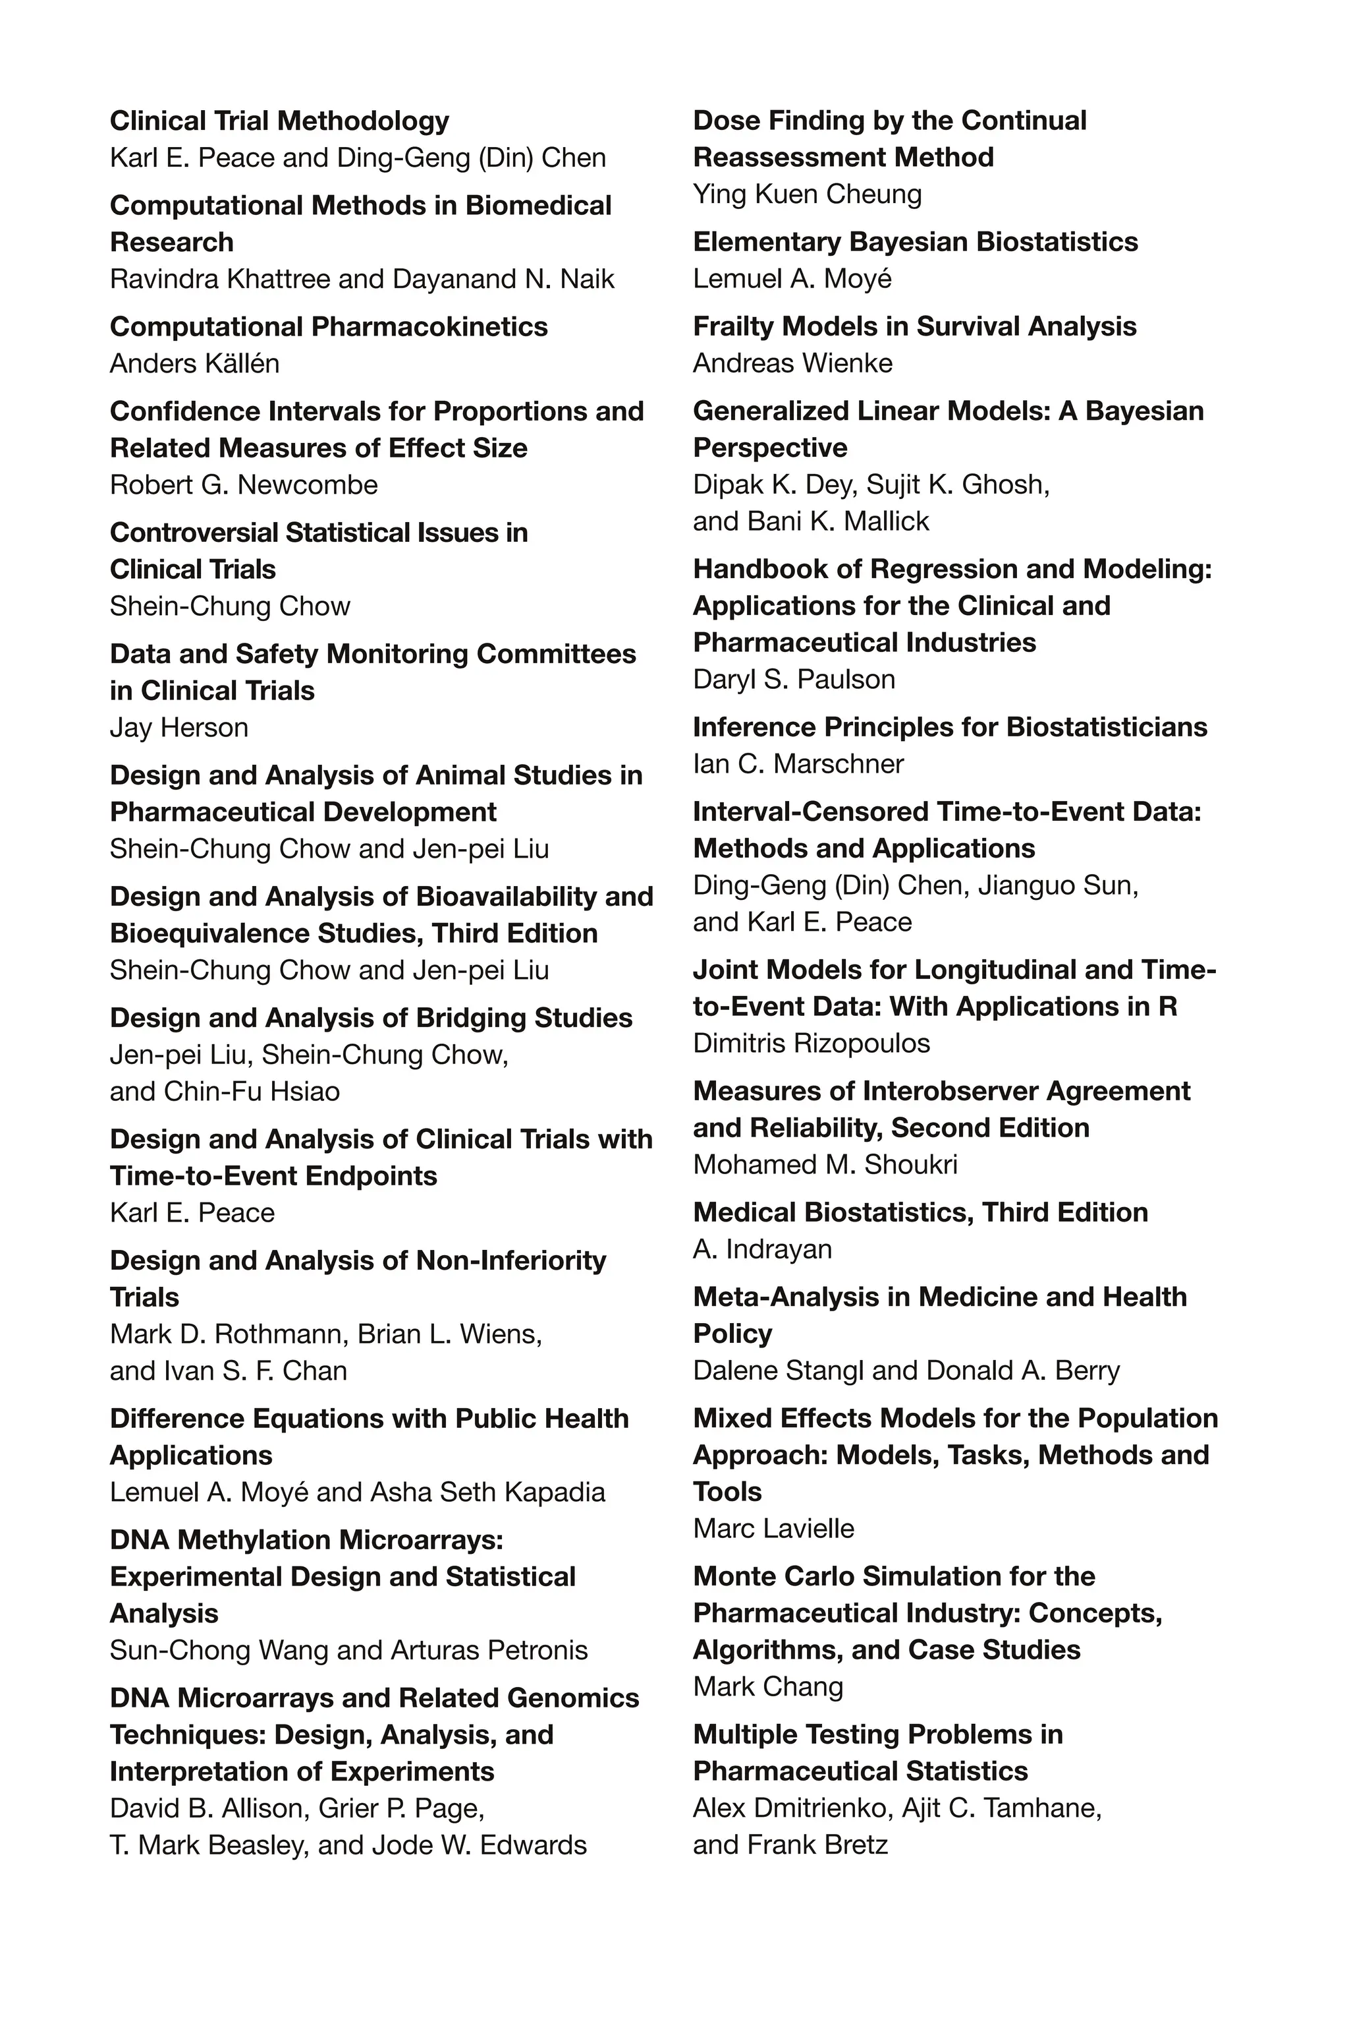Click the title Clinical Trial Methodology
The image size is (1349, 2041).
pos(279,121)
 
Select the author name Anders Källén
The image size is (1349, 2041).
pos(194,364)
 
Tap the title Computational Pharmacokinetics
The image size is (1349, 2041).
pos(329,327)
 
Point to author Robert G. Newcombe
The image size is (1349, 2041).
pos(244,485)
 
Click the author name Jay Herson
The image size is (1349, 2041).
pos(179,728)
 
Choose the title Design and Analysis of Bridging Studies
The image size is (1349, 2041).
pos(371,1019)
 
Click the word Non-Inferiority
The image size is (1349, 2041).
pos(511,1261)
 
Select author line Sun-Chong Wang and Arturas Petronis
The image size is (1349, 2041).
pos(348,1650)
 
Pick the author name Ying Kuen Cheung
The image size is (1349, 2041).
pos(807,194)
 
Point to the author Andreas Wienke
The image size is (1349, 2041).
pos(792,364)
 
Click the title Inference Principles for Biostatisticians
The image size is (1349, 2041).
pos(950,727)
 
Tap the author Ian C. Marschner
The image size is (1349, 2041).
pos(798,765)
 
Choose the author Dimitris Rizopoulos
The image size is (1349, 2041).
pos(812,1044)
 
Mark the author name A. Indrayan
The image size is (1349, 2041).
pos(762,1249)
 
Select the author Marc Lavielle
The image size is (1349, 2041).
pos(773,1529)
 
